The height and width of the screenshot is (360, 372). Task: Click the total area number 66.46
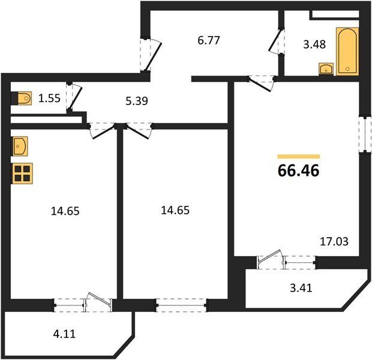point(298,170)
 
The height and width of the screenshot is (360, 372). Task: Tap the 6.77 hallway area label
point(209,40)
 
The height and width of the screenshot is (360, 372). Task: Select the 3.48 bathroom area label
point(314,44)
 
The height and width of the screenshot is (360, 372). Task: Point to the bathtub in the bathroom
point(347,52)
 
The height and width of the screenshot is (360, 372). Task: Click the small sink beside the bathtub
point(326,69)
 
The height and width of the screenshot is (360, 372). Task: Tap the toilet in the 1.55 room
point(22,98)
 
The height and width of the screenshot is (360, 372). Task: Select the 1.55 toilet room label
point(49,98)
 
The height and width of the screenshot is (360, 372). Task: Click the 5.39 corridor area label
point(137,101)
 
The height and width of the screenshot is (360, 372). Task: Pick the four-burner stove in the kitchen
point(22,173)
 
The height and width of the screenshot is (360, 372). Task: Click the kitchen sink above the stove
point(20,146)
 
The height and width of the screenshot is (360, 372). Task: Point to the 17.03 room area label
point(334,242)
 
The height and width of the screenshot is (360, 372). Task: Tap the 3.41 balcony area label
point(301,288)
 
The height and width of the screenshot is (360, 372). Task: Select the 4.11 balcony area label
point(64,334)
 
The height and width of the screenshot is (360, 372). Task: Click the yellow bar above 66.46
point(299,157)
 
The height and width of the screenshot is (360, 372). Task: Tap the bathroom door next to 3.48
point(277,41)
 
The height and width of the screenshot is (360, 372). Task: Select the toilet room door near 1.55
point(74,97)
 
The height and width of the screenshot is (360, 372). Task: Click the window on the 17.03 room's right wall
point(365,134)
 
